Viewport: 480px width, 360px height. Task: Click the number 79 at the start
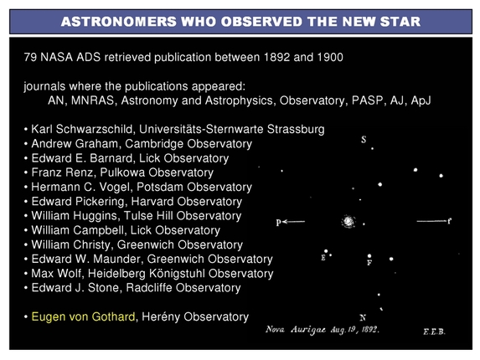point(33,60)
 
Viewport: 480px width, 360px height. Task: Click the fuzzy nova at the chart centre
point(348,222)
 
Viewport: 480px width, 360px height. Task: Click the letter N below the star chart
point(362,317)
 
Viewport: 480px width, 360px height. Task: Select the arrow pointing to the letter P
point(297,222)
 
